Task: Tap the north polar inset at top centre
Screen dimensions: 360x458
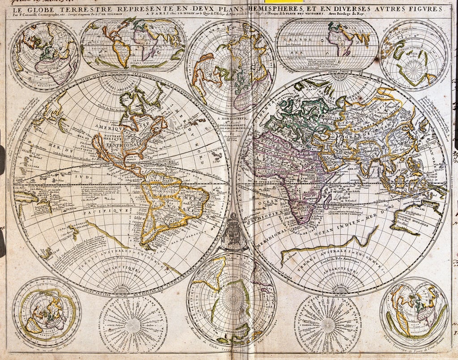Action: [x=230, y=67]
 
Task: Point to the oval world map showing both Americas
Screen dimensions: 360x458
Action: [x=133, y=44]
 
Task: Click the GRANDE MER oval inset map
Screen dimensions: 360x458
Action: [x=327, y=44]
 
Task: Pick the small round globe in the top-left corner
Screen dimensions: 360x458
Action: [x=45, y=55]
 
